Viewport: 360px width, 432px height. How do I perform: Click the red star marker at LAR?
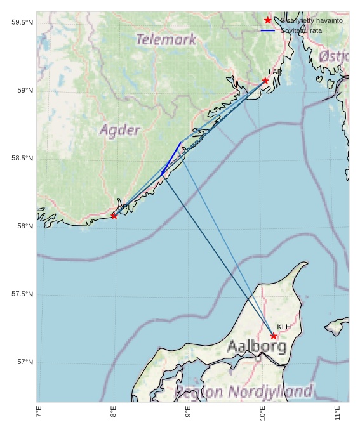click(265, 81)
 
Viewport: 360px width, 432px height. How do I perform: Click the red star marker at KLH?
click(274, 336)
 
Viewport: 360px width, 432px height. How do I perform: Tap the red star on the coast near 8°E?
click(114, 216)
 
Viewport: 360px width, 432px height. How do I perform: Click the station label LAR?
click(275, 72)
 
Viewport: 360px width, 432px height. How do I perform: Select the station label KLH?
click(284, 327)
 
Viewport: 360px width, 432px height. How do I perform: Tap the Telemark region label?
click(166, 39)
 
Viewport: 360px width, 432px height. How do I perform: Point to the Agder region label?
click(119, 131)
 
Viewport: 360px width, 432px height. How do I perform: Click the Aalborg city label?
click(257, 346)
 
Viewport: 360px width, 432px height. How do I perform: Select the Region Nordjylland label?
click(244, 391)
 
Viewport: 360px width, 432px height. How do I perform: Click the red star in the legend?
click(268, 20)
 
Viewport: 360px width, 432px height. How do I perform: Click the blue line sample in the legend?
click(268, 30)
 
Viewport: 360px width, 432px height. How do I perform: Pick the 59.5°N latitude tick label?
click(22, 23)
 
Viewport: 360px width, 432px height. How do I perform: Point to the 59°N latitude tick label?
click(25, 91)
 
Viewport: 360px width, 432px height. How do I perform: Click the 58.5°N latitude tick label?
click(22, 159)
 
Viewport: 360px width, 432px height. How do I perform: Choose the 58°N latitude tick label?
click(25, 226)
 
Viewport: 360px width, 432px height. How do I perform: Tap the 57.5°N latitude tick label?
click(22, 294)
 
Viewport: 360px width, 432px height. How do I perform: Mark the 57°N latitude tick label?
click(25, 362)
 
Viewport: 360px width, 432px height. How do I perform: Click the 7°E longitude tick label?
click(39, 413)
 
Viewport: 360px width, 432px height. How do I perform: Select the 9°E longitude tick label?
click(188, 413)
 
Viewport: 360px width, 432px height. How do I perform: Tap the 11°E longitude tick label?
click(337, 413)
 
